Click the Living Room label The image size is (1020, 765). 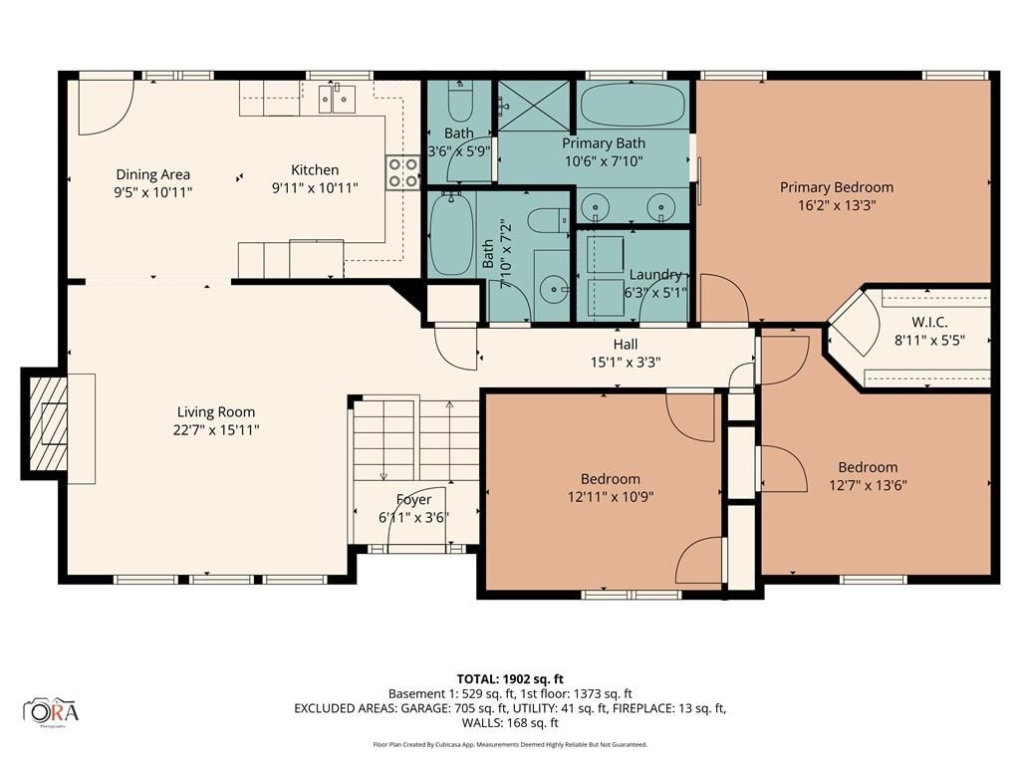click(216, 411)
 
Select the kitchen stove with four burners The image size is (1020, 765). click(402, 171)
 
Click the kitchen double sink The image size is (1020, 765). click(337, 98)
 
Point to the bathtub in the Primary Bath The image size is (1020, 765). click(633, 104)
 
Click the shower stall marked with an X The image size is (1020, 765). click(534, 104)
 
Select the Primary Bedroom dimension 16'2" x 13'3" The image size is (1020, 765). click(837, 205)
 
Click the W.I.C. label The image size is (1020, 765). click(929, 322)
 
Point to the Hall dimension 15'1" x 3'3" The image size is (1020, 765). click(626, 363)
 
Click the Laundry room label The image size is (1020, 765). click(655, 275)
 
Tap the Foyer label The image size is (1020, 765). click(413, 500)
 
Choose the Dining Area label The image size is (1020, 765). click(152, 174)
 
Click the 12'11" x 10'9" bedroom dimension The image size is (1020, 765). click(611, 497)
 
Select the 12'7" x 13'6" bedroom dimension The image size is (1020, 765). click(868, 485)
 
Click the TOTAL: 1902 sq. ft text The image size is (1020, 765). click(510, 679)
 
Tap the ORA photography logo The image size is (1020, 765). click(51, 711)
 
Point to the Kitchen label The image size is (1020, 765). click(315, 169)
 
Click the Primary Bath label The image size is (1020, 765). click(604, 143)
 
